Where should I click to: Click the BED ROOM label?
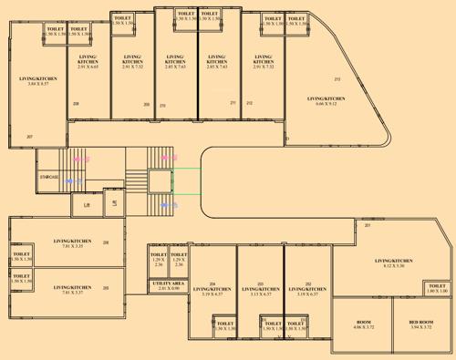coord(420,322)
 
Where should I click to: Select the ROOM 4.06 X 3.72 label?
coord(363,322)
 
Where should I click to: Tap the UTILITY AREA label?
coord(168,284)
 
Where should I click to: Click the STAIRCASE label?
coord(48,177)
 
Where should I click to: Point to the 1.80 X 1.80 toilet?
coord(437,291)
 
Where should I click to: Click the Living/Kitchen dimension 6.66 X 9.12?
coord(326,104)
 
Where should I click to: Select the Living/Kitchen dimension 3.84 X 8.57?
coord(37,85)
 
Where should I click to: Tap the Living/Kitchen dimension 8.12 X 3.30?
coord(393,266)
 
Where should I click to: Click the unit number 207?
coord(29,137)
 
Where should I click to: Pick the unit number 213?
coord(337,79)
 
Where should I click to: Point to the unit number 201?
coord(368,225)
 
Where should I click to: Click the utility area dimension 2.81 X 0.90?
coord(168,290)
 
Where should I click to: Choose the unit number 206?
coord(106,242)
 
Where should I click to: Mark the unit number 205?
coord(106,288)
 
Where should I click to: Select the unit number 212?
coord(249,103)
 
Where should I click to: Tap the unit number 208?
coord(76,104)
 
